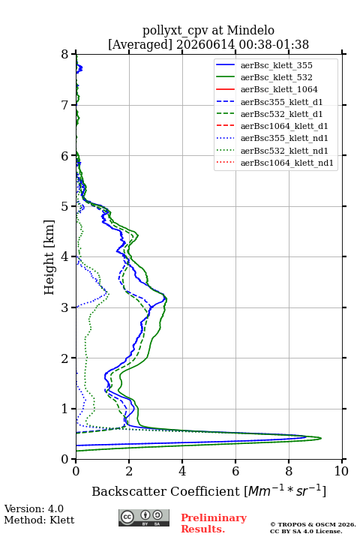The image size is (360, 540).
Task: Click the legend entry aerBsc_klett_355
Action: (x=276, y=65)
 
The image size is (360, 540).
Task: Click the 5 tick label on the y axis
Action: (x=65, y=207)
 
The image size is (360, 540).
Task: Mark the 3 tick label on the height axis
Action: (x=65, y=307)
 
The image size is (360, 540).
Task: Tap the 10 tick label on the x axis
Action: (x=341, y=471)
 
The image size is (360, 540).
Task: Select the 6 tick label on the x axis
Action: (x=235, y=471)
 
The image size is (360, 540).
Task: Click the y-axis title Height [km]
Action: (x=49, y=257)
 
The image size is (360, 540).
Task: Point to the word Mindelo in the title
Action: (x=250, y=31)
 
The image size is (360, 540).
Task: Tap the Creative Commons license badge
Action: (x=144, y=518)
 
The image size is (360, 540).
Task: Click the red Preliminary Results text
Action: (x=214, y=523)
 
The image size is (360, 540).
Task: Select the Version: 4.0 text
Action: (x=34, y=509)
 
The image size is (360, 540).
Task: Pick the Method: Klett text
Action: (x=39, y=520)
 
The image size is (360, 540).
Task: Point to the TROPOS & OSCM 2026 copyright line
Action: (x=313, y=524)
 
